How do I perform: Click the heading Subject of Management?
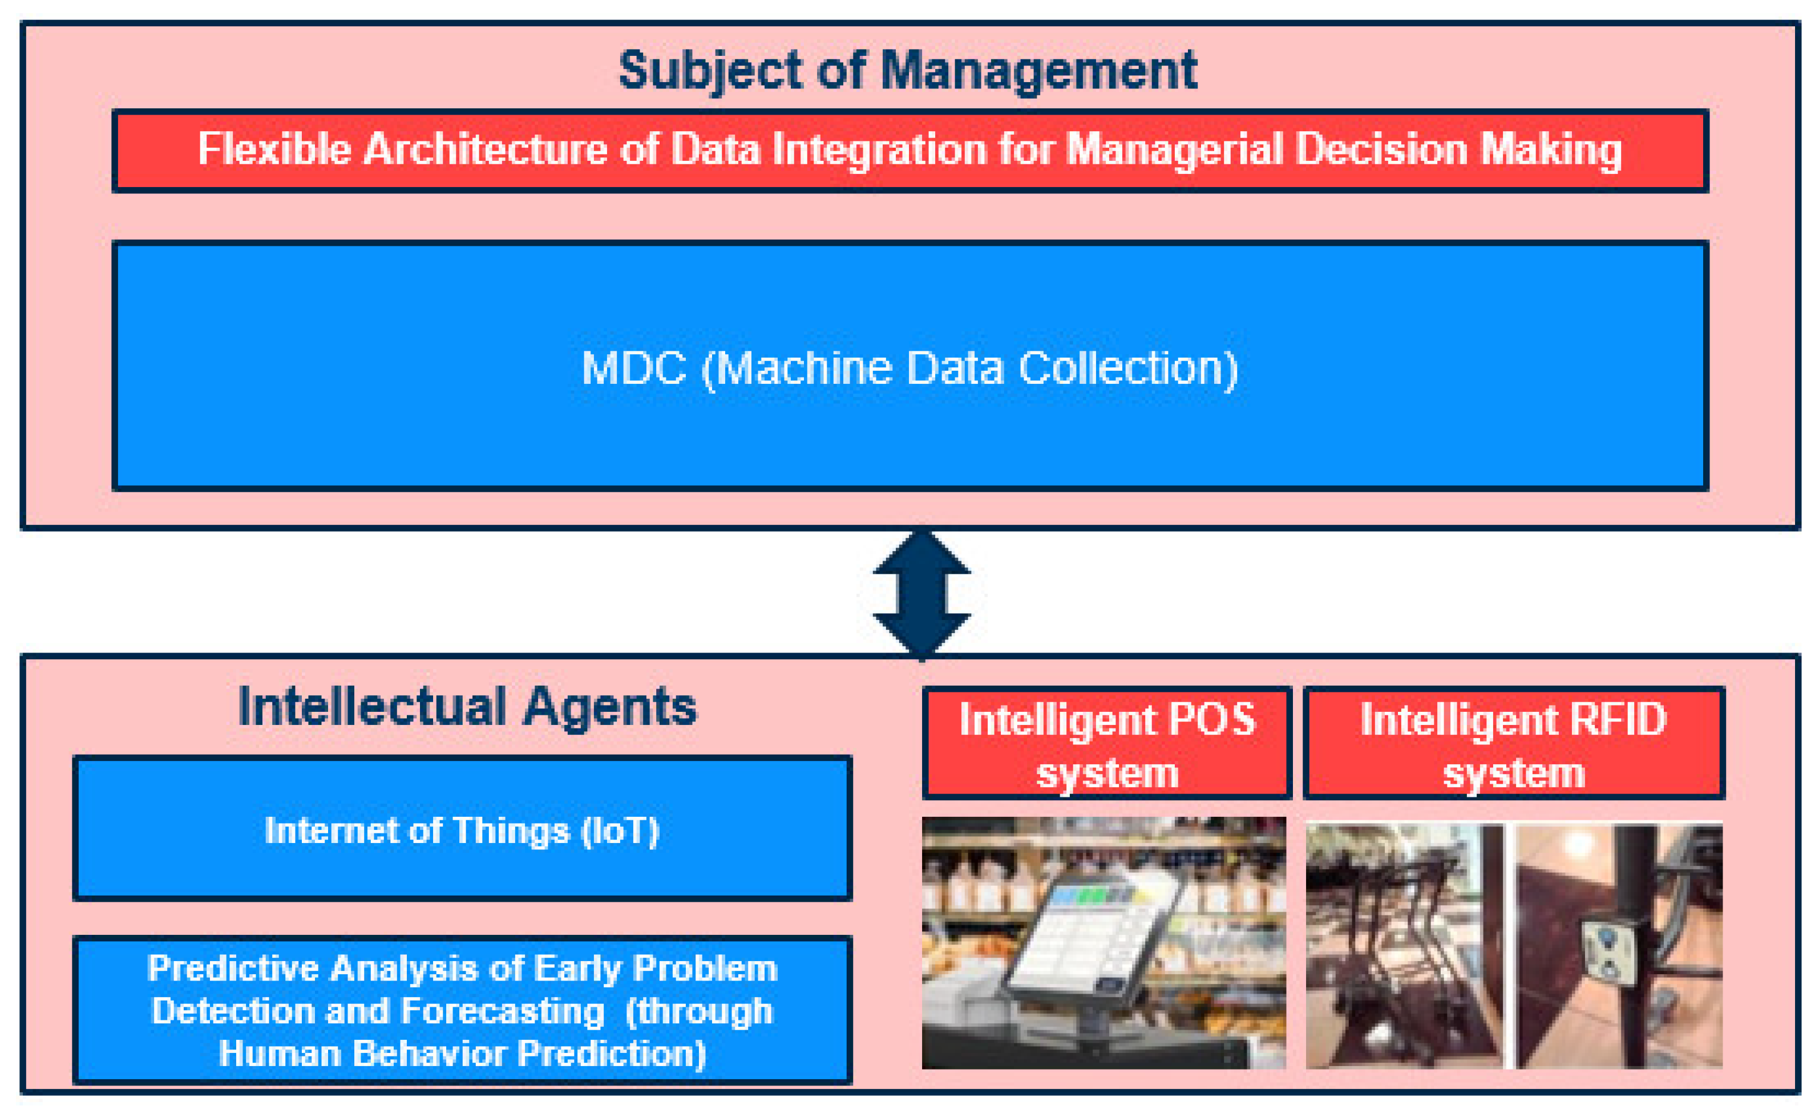(x=907, y=71)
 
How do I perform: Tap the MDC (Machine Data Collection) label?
(x=909, y=368)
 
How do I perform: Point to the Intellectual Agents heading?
(x=467, y=707)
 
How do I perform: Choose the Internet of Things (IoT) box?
(x=462, y=829)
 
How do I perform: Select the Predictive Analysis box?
(x=462, y=1010)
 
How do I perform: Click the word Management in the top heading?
(x=1038, y=71)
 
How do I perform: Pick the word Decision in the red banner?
(x=1381, y=149)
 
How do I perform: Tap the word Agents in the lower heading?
(x=610, y=707)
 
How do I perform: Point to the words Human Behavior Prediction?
(x=462, y=1053)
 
